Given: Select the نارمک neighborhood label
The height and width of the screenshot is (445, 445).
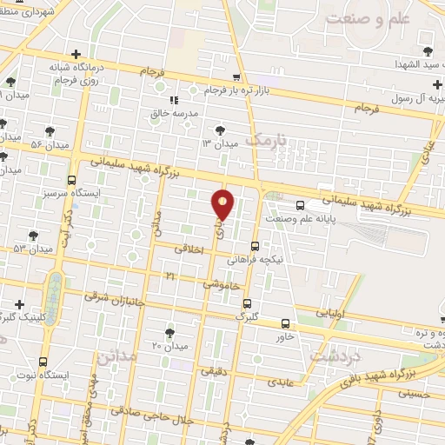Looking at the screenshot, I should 265,139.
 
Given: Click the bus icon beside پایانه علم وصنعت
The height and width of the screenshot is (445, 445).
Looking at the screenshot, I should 300,205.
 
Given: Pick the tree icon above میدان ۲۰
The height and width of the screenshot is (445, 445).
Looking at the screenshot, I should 169,333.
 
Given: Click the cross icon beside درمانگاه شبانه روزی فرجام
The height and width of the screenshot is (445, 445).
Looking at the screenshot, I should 77,54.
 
